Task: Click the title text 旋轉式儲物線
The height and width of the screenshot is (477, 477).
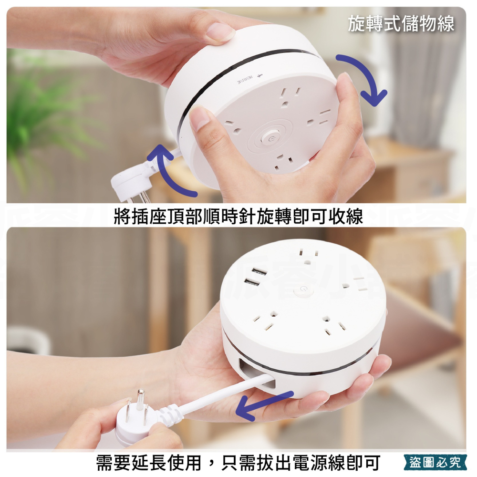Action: pyautogui.click(x=401, y=23)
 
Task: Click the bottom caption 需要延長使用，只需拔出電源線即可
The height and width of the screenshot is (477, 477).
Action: pyautogui.click(x=238, y=462)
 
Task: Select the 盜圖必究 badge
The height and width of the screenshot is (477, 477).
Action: pyautogui.click(x=435, y=462)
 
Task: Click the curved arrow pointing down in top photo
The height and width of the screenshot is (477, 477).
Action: pyautogui.click(x=365, y=79)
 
